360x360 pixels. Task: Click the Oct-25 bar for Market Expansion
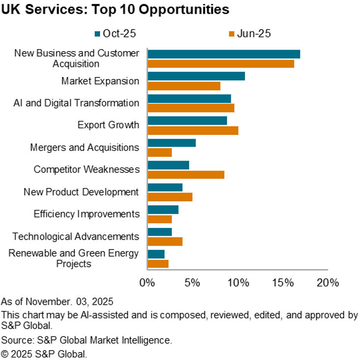click(x=196, y=76)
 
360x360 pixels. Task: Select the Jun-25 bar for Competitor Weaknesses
click(x=186, y=175)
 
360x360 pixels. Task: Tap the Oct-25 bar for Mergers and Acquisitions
click(x=171, y=143)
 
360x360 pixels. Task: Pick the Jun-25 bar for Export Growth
click(x=193, y=130)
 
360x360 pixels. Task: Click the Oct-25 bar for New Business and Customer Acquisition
click(x=223, y=54)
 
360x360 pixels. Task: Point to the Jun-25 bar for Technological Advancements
click(x=165, y=242)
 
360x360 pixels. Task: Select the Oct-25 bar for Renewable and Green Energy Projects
click(x=156, y=254)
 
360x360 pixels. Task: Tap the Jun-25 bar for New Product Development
click(x=169, y=197)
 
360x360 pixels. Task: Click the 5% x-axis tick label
click(x=193, y=283)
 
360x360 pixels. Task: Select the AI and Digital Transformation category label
click(x=76, y=103)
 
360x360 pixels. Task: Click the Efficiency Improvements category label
click(x=86, y=214)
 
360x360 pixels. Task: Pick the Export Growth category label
click(x=108, y=125)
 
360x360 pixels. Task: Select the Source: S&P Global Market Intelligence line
click(x=86, y=340)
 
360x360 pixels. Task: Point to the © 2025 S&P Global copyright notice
click(x=44, y=353)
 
